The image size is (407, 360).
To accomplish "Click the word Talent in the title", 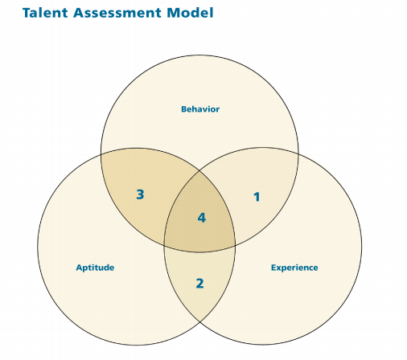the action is [x=45, y=13].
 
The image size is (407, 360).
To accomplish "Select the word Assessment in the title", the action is [x=117, y=13].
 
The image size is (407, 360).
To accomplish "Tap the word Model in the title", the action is [x=190, y=13].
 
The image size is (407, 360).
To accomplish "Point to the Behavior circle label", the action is [x=200, y=109].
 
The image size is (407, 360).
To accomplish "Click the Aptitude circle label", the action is [x=95, y=268].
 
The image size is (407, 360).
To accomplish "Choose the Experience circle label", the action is [x=294, y=268].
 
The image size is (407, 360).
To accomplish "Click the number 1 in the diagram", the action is [x=257, y=197].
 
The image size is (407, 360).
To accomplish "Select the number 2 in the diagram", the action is [x=199, y=284].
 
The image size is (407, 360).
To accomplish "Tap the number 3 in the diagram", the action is [x=140, y=194].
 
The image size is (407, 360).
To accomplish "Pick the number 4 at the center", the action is [x=202, y=218].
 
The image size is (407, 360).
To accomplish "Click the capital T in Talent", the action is [x=27, y=13].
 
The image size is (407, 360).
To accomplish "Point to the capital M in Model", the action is [x=173, y=13].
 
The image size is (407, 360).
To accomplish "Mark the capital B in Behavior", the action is [x=184, y=109].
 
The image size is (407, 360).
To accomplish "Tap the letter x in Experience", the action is [x=279, y=268].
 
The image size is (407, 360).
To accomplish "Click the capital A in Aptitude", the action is [x=79, y=268].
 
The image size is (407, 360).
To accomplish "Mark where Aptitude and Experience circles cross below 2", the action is [x=199, y=321].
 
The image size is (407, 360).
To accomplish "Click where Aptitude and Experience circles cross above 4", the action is [x=199, y=170].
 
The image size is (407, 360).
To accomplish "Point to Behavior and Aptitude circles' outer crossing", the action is [x=101, y=154].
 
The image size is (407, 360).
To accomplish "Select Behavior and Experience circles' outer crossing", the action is [x=298, y=154].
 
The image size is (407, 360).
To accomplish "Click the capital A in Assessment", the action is [x=78, y=13].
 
